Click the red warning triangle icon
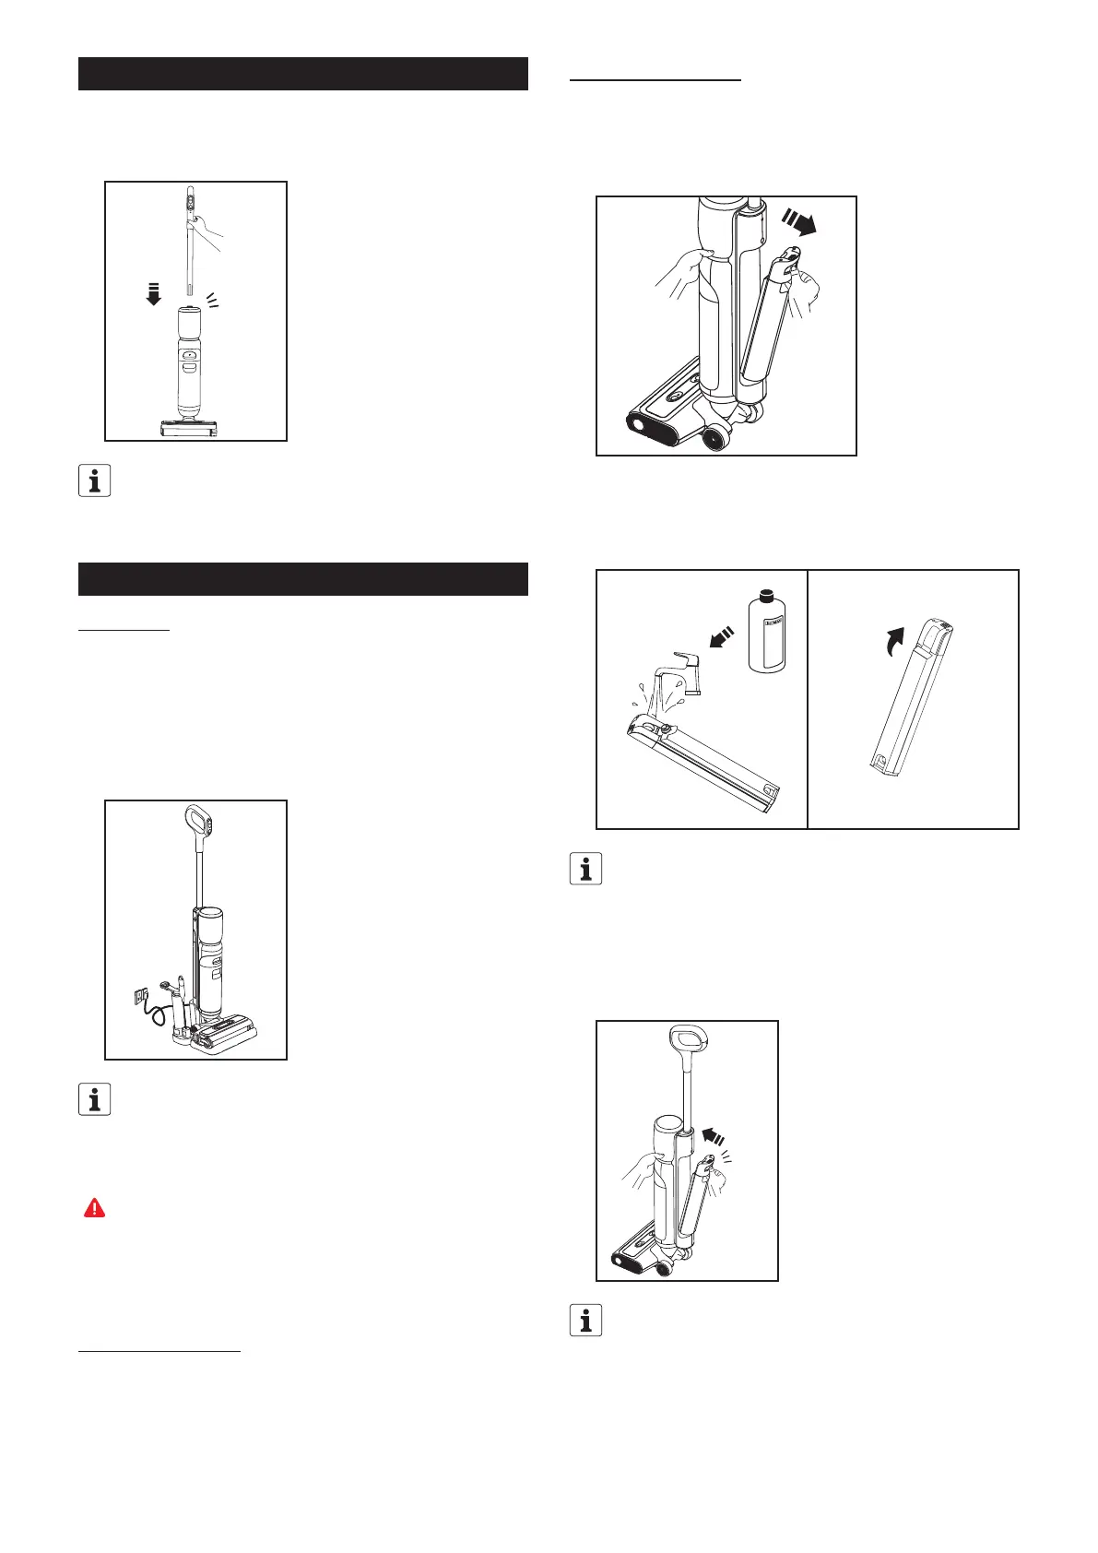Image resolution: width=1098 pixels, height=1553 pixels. point(94,1208)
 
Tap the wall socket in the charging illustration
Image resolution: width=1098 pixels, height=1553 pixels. point(140,996)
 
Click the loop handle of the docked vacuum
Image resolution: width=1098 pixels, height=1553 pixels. point(199,819)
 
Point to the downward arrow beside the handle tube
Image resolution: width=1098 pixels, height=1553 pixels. point(154,295)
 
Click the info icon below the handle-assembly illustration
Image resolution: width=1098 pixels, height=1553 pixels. point(94,480)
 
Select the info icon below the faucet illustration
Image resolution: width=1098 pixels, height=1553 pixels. point(585,869)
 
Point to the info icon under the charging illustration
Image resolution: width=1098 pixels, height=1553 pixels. point(94,1098)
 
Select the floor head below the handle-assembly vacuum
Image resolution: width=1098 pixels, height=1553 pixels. point(188,429)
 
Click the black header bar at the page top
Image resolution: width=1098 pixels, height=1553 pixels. point(302,74)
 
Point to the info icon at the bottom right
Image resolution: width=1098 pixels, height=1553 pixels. point(585,1321)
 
